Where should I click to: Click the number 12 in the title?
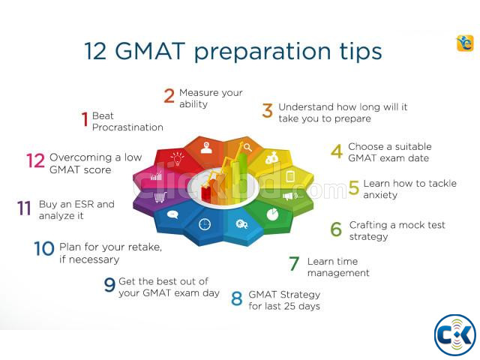click(x=96, y=51)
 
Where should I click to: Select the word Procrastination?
click(x=127, y=127)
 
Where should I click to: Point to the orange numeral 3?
click(x=268, y=112)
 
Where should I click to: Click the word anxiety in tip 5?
click(x=380, y=195)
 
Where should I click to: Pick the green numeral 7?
click(x=295, y=264)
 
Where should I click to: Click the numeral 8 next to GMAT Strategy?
click(x=237, y=299)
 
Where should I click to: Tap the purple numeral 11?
click(x=25, y=208)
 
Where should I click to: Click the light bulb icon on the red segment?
click(x=177, y=158)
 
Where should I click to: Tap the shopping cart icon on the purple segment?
click(x=160, y=198)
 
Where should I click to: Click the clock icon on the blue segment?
click(x=205, y=223)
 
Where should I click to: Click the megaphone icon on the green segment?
click(x=287, y=196)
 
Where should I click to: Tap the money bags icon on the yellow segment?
click(x=271, y=158)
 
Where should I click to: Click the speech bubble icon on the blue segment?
click(x=172, y=214)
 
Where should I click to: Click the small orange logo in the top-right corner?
click(x=465, y=43)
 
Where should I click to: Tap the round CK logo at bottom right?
click(x=455, y=334)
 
